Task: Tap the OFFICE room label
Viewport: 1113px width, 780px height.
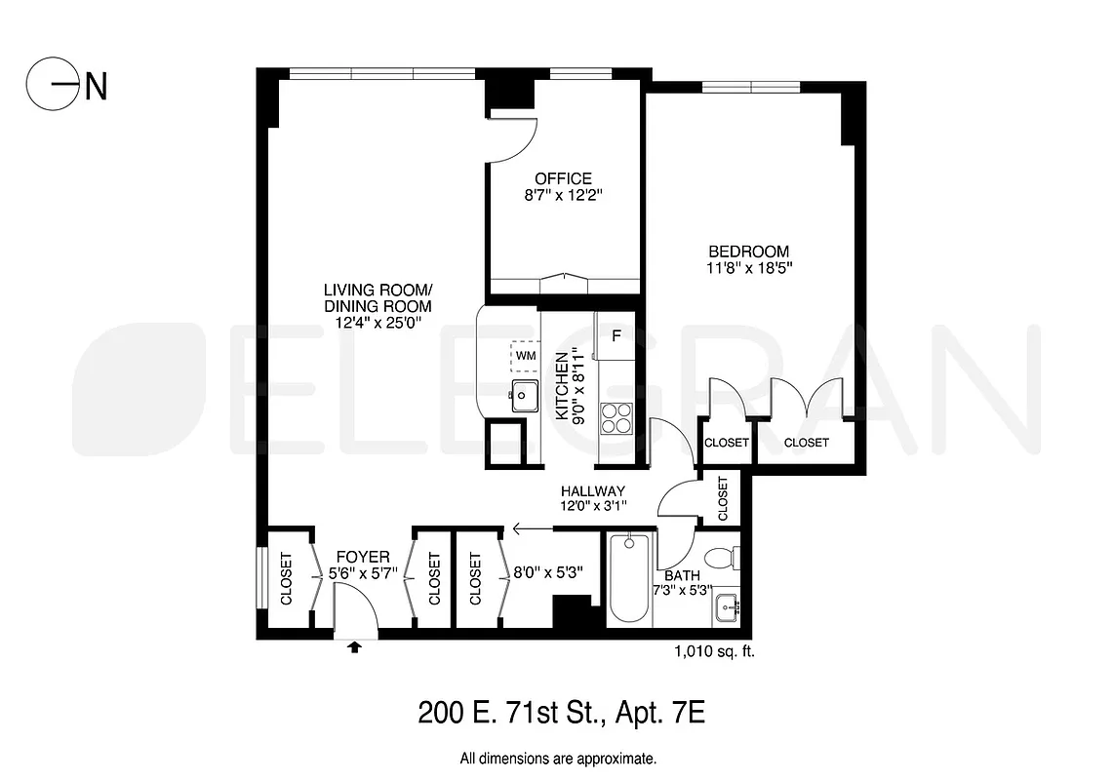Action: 563,178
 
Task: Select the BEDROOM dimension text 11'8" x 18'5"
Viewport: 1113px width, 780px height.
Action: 749,269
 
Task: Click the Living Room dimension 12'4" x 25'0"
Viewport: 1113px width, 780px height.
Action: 378,323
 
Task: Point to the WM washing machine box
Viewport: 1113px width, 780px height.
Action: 526,356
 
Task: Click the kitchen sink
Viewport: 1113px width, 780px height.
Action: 525,396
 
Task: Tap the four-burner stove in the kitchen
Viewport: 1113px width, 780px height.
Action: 616,417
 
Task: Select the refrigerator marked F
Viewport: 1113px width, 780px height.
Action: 616,336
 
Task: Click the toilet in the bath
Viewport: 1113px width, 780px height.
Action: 723,560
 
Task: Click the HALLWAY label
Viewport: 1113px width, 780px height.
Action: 592,490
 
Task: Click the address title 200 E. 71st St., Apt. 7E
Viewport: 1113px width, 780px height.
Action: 561,713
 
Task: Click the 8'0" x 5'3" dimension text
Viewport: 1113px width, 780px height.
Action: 547,573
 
